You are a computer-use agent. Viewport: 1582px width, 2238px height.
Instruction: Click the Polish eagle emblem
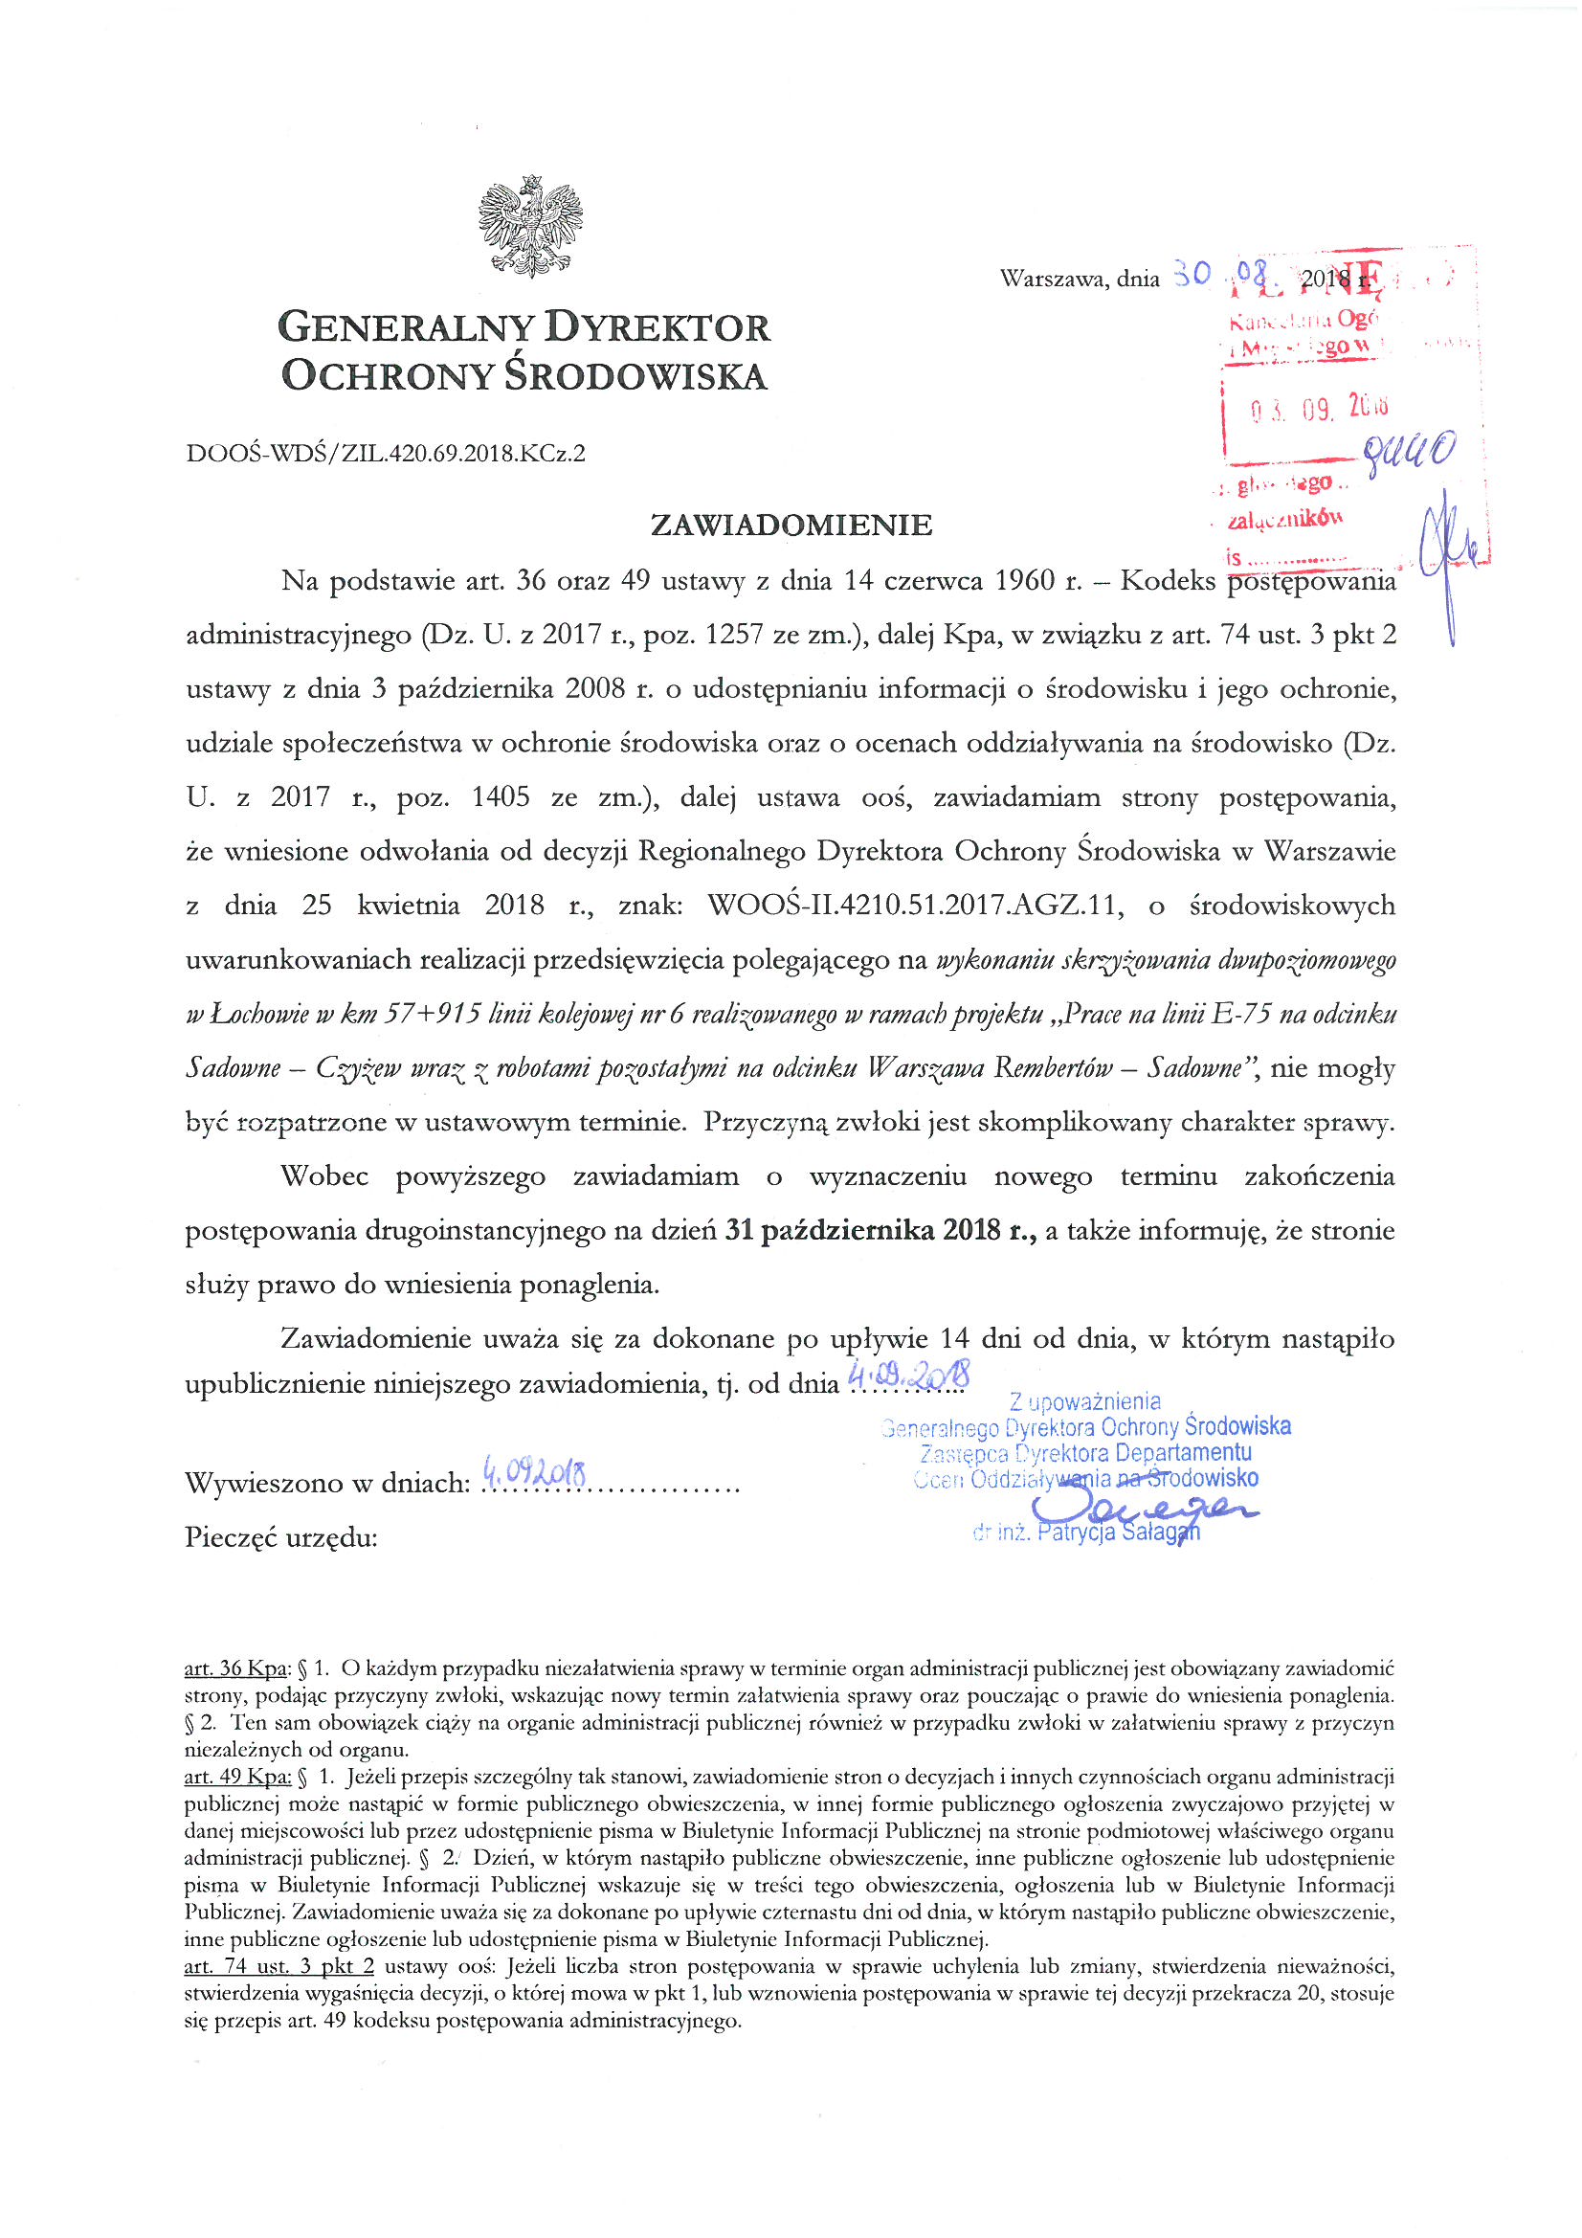(530, 225)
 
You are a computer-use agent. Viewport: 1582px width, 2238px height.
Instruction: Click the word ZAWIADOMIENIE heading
(791, 526)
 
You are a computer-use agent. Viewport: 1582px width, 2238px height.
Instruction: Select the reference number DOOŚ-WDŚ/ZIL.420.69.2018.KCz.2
(385, 454)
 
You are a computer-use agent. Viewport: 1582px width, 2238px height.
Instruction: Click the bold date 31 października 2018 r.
(880, 1231)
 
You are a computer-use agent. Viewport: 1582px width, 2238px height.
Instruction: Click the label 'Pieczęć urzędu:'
(280, 1538)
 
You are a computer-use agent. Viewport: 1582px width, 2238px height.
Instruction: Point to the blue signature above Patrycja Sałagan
(1141, 1510)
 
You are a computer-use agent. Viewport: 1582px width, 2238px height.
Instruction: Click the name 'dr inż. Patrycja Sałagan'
(1086, 1533)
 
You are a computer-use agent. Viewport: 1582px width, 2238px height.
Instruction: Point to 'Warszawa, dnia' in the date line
(1079, 280)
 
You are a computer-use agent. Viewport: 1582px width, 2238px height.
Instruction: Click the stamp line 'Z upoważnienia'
(1085, 1401)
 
